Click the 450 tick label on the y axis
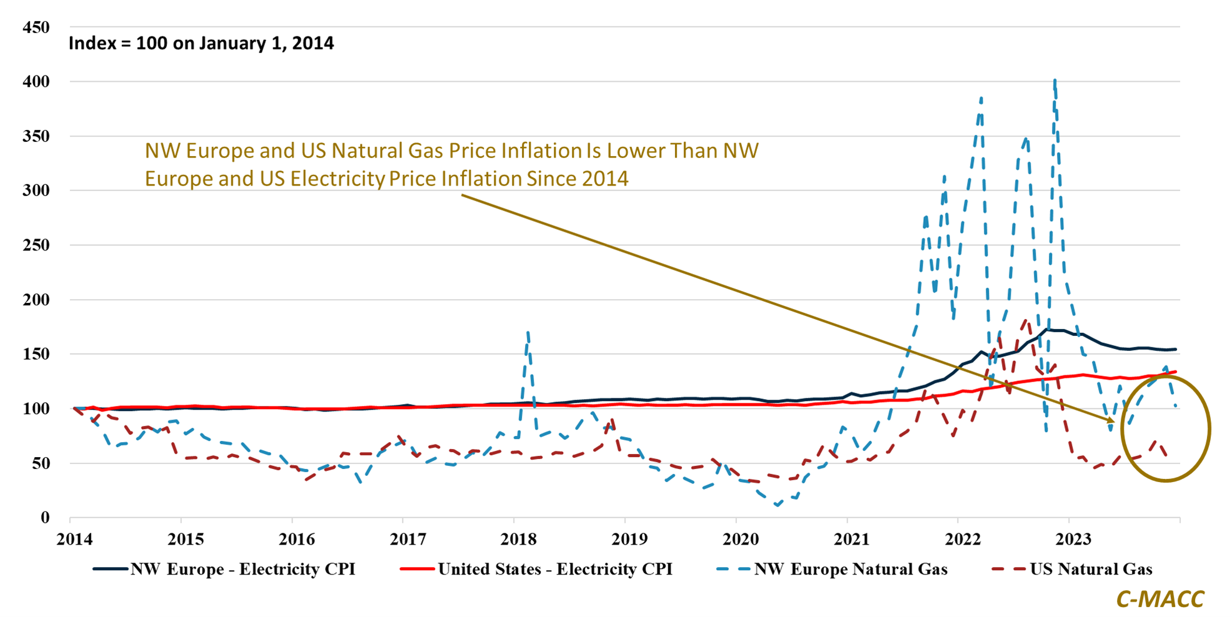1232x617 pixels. pos(36,27)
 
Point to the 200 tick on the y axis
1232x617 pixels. pos(36,300)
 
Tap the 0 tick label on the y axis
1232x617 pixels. pos(45,518)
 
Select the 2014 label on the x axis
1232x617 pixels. pos(74,539)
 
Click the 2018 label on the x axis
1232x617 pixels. pos(519,539)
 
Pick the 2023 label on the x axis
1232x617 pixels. pos(1073,539)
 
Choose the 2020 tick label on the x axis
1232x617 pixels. pos(741,539)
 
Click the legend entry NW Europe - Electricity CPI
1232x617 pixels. pos(242,570)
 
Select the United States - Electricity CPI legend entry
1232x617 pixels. pos(554,570)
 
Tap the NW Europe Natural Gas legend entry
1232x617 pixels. pos(850,570)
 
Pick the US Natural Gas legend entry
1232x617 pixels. pos(1091,570)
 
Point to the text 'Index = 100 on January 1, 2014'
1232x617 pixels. pos(201,43)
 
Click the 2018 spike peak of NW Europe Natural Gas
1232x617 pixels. pos(528,333)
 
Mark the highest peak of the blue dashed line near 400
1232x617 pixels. pos(1055,81)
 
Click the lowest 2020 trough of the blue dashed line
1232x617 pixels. pos(777,505)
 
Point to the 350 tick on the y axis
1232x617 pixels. pos(36,136)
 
